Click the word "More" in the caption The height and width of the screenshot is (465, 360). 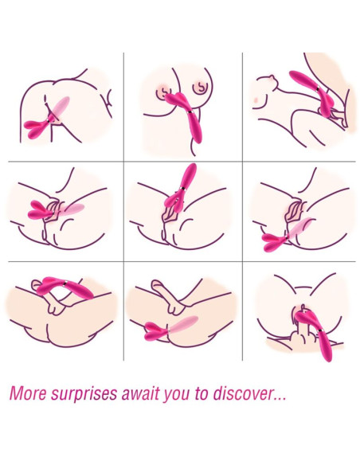click(28, 393)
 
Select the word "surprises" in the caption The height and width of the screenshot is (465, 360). click(84, 394)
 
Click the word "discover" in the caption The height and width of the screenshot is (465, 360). click(243, 393)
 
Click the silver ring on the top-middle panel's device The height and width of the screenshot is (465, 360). click(189, 112)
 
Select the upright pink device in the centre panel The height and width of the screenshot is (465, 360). click(181, 189)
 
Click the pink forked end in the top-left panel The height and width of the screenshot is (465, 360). click(36, 128)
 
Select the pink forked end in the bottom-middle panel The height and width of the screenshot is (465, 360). click(155, 331)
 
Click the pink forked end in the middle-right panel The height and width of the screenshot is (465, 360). click(274, 241)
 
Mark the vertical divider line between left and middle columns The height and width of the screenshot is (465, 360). click(123, 207)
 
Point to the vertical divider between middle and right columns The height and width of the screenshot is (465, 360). click(242, 207)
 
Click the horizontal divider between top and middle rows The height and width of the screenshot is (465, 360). click(182, 162)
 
